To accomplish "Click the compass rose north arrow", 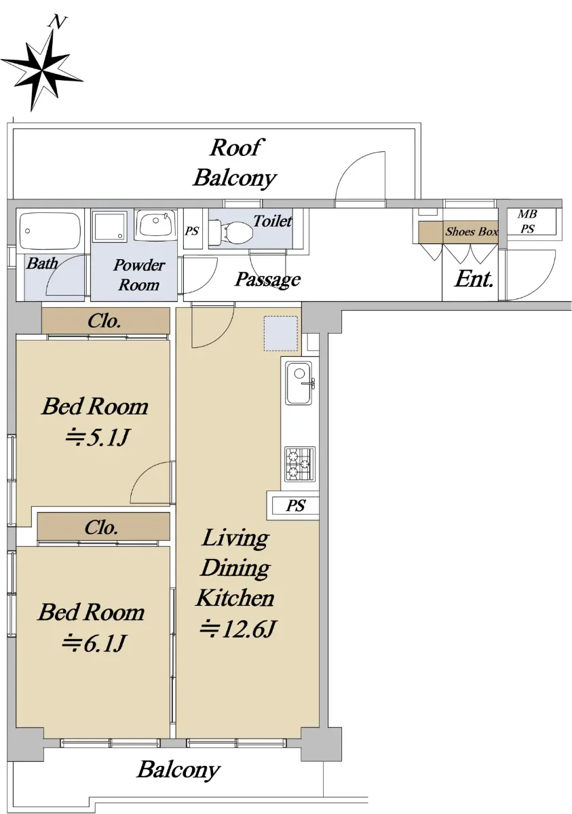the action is click(43, 68).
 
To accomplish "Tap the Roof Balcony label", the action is click(235, 163).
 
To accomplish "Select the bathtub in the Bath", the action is click(50, 231).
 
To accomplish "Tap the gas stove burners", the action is click(299, 465).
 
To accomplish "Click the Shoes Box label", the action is click(472, 231).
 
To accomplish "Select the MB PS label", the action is click(527, 221).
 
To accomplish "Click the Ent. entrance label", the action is click(474, 279).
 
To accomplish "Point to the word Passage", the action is click(268, 279).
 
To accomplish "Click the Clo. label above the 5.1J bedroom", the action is click(104, 322).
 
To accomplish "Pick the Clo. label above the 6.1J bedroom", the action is click(101, 527).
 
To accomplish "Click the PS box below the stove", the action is click(295, 505).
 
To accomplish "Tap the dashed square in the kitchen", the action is click(280, 334).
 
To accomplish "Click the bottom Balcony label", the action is click(178, 770).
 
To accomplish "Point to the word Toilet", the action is click(272, 221).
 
